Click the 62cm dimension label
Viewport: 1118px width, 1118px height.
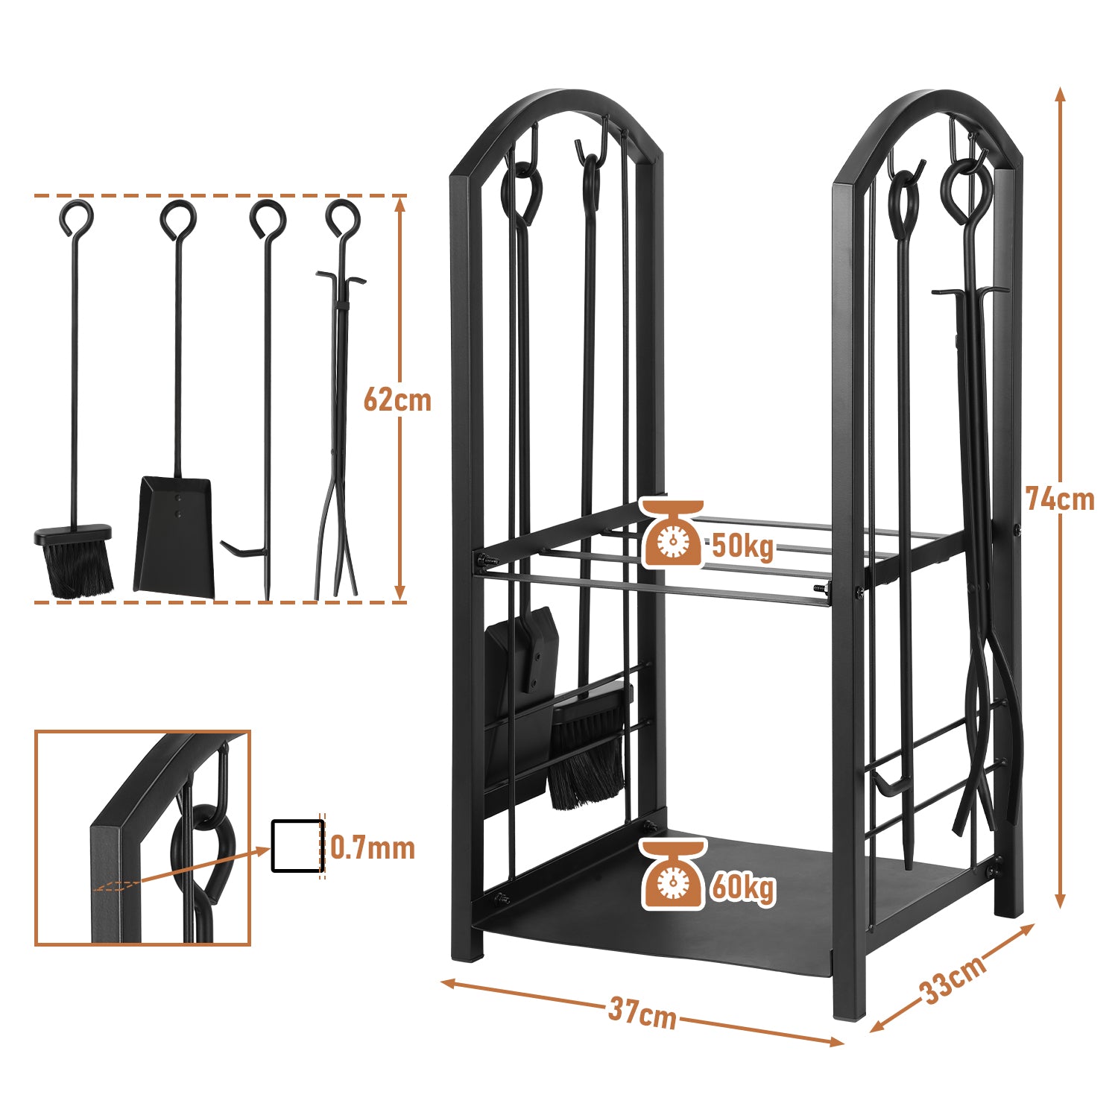[397, 400]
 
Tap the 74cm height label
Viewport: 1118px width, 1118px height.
[1060, 499]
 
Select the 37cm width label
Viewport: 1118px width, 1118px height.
[642, 1013]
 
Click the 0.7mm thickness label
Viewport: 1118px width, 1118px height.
[373, 848]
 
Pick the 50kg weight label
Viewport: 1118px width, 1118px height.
[743, 546]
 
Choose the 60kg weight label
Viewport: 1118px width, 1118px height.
[743, 887]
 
